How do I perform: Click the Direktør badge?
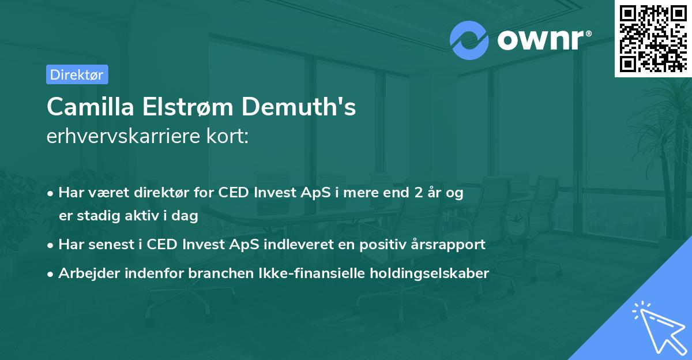[x=77, y=74]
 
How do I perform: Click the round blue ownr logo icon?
[x=469, y=40]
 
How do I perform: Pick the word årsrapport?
[x=446, y=244]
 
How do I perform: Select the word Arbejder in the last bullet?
[x=85, y=273]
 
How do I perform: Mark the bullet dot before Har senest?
[x=51, y=245]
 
